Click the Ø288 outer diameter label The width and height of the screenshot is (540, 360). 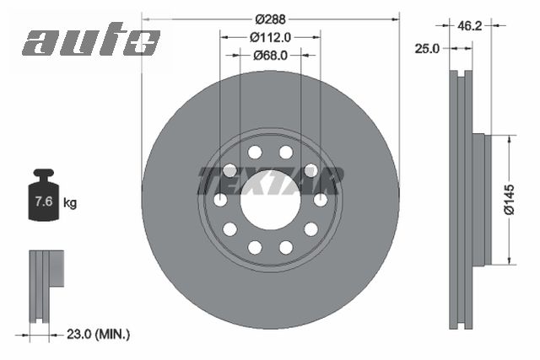(270, 19)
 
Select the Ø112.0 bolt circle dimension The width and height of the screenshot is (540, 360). (270, 37)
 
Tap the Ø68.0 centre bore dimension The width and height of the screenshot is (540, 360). (270, 55)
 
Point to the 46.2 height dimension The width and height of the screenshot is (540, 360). (470, 25)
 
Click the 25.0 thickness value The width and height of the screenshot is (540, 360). (427, 49)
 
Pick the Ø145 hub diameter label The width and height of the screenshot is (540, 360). (510, 200)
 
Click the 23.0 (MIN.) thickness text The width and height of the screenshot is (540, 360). (98, 334)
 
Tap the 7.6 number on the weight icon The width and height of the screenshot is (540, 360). (44, 201)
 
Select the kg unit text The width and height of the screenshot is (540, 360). (70, 203)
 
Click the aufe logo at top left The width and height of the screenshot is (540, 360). (92, 40)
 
